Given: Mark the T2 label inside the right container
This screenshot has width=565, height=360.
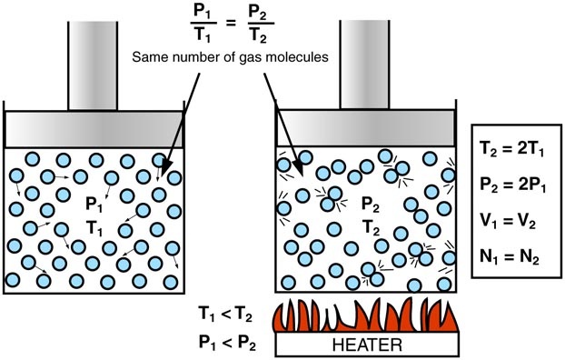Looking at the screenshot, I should coord(371,225).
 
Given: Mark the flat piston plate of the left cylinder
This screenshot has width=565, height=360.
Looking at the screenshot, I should coord(95,127).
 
